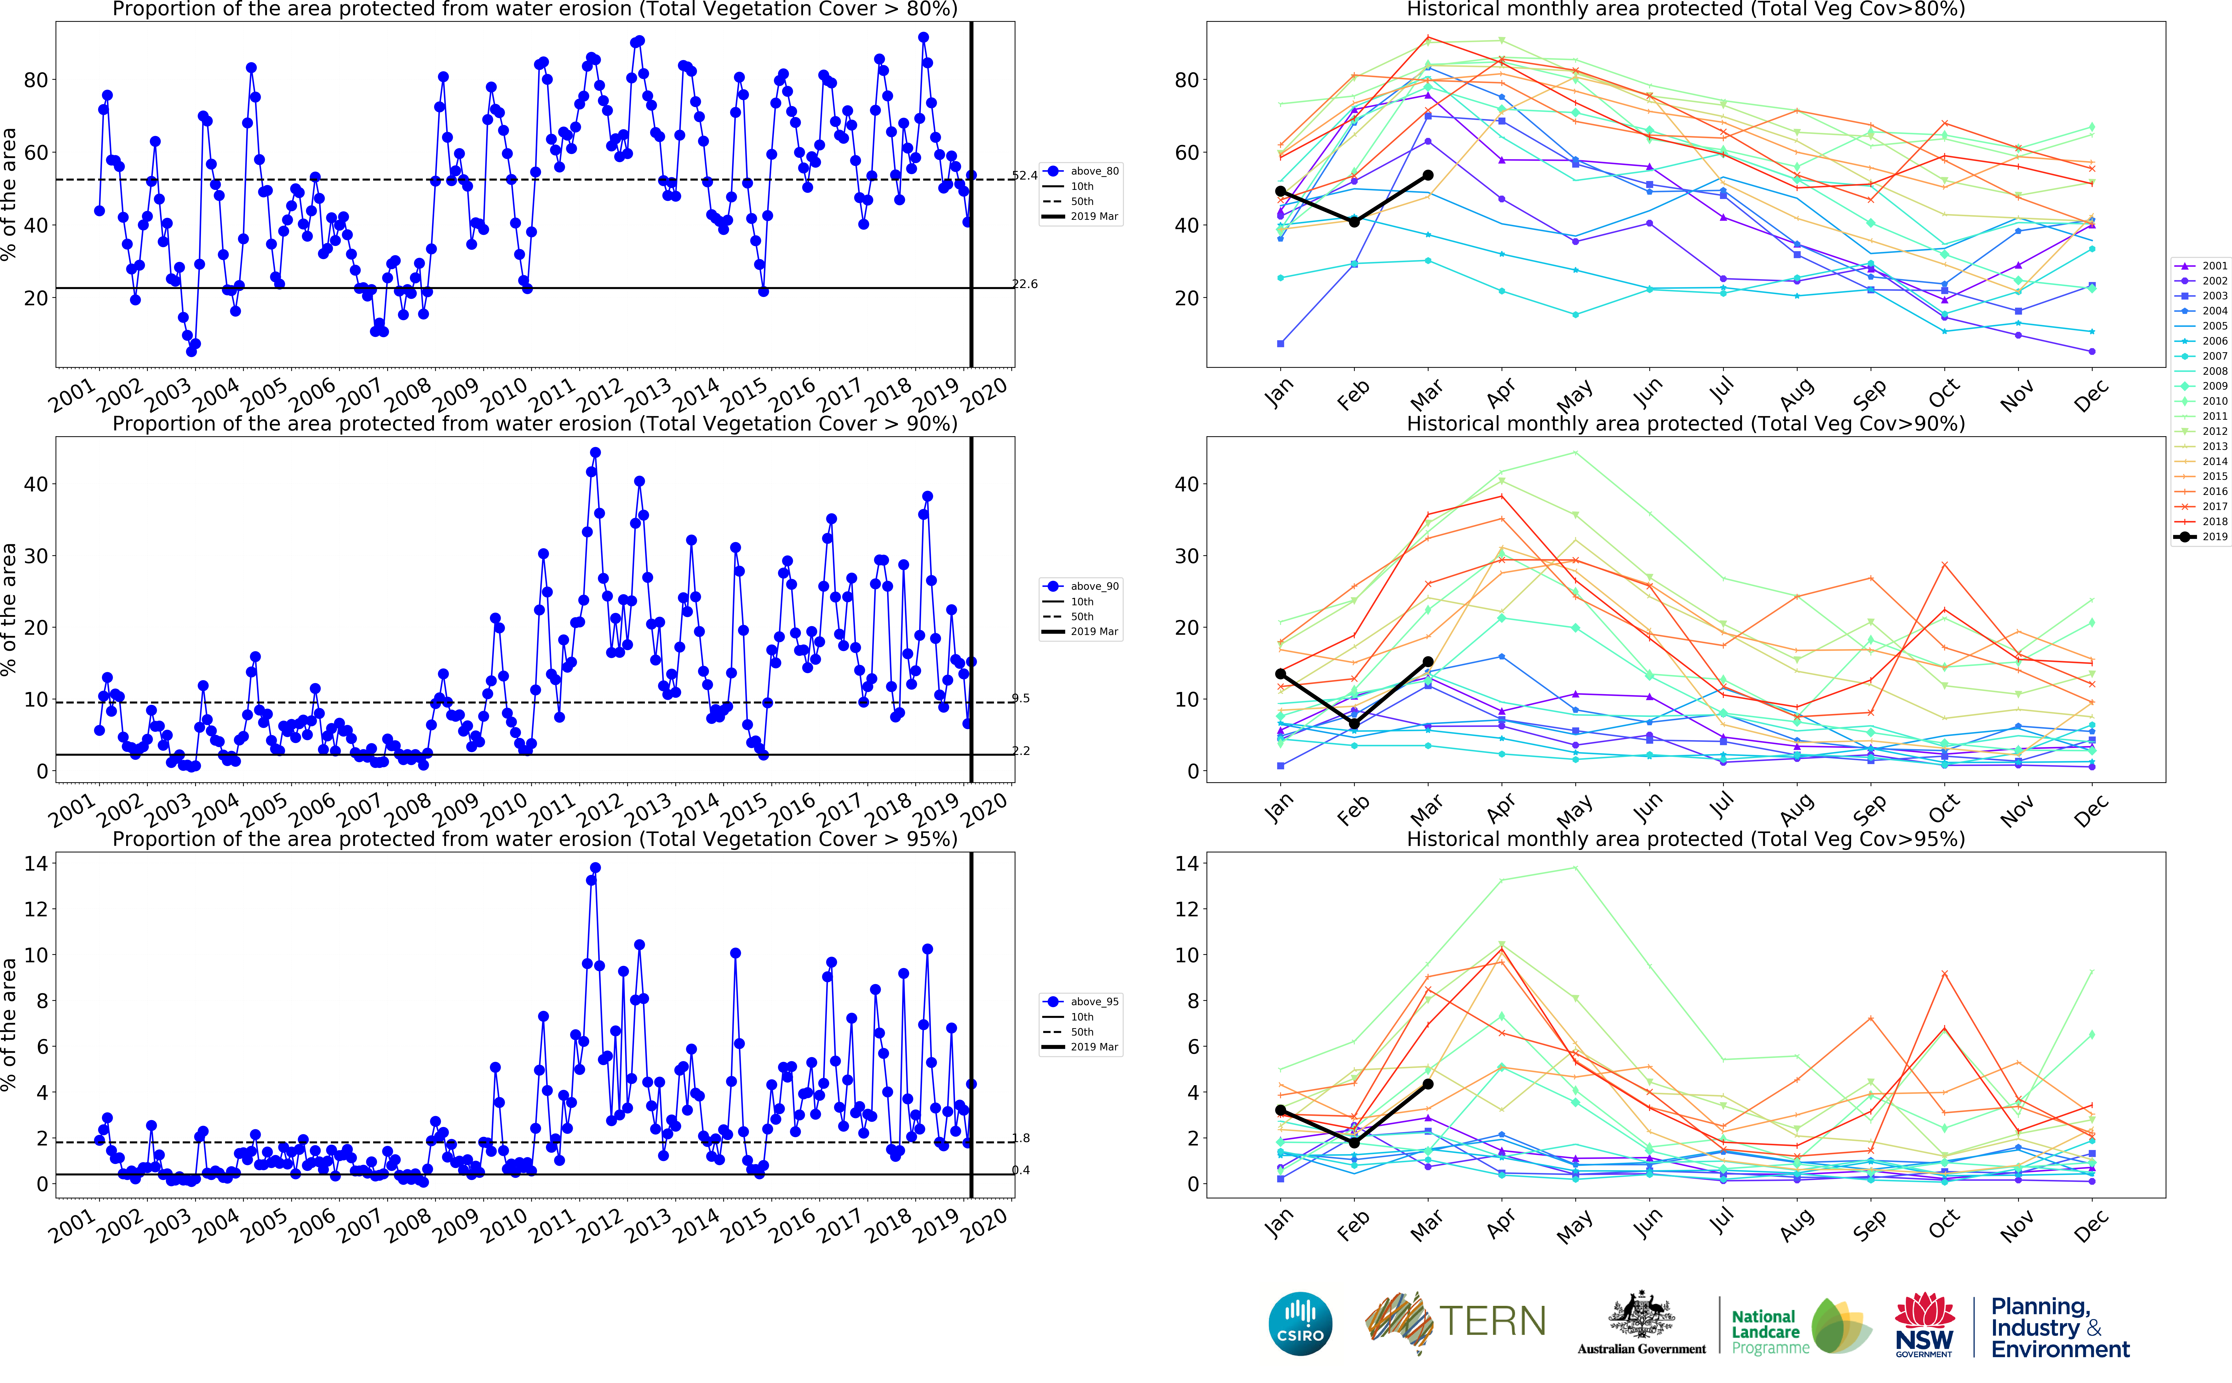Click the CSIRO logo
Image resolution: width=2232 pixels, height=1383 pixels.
[1300, 1324]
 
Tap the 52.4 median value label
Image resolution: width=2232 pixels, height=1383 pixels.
[1025, 176]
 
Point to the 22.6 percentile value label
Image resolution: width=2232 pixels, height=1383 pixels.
[1025, 284]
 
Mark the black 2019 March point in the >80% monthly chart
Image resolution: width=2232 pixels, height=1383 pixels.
[1428, 176]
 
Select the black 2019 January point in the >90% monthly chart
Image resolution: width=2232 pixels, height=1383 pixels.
[1281, 674]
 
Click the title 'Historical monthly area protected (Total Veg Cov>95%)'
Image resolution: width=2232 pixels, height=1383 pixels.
[1685, 839]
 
